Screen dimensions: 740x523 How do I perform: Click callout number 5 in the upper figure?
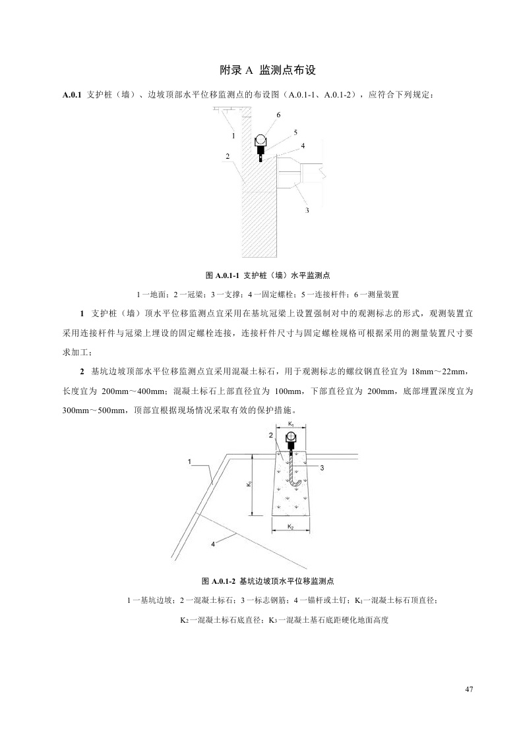[x=295, y=132]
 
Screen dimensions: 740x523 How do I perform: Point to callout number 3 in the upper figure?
[x=307, y=210]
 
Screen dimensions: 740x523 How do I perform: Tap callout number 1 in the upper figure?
[x=233, y=135]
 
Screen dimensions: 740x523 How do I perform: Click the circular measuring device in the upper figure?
[x=261, y=140]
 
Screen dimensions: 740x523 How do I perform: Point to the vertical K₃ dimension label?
[x=249, y=484]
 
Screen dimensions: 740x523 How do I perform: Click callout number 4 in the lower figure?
[x=214, y=544]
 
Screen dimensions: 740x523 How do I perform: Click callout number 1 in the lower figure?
[x=189, y=462]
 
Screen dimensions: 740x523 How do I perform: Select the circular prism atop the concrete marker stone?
[x=290, y=438]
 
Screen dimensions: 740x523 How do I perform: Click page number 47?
[x=470, y=690]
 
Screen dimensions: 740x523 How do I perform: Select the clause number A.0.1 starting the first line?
[x=71, y=96]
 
